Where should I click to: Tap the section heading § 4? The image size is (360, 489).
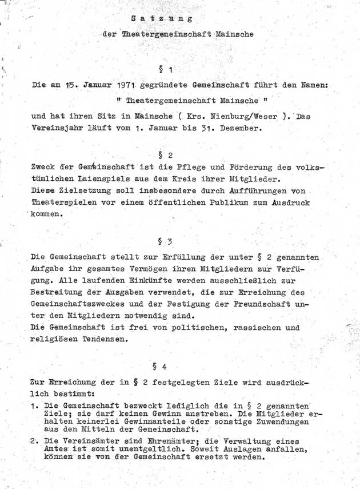[x=159, y=365]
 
